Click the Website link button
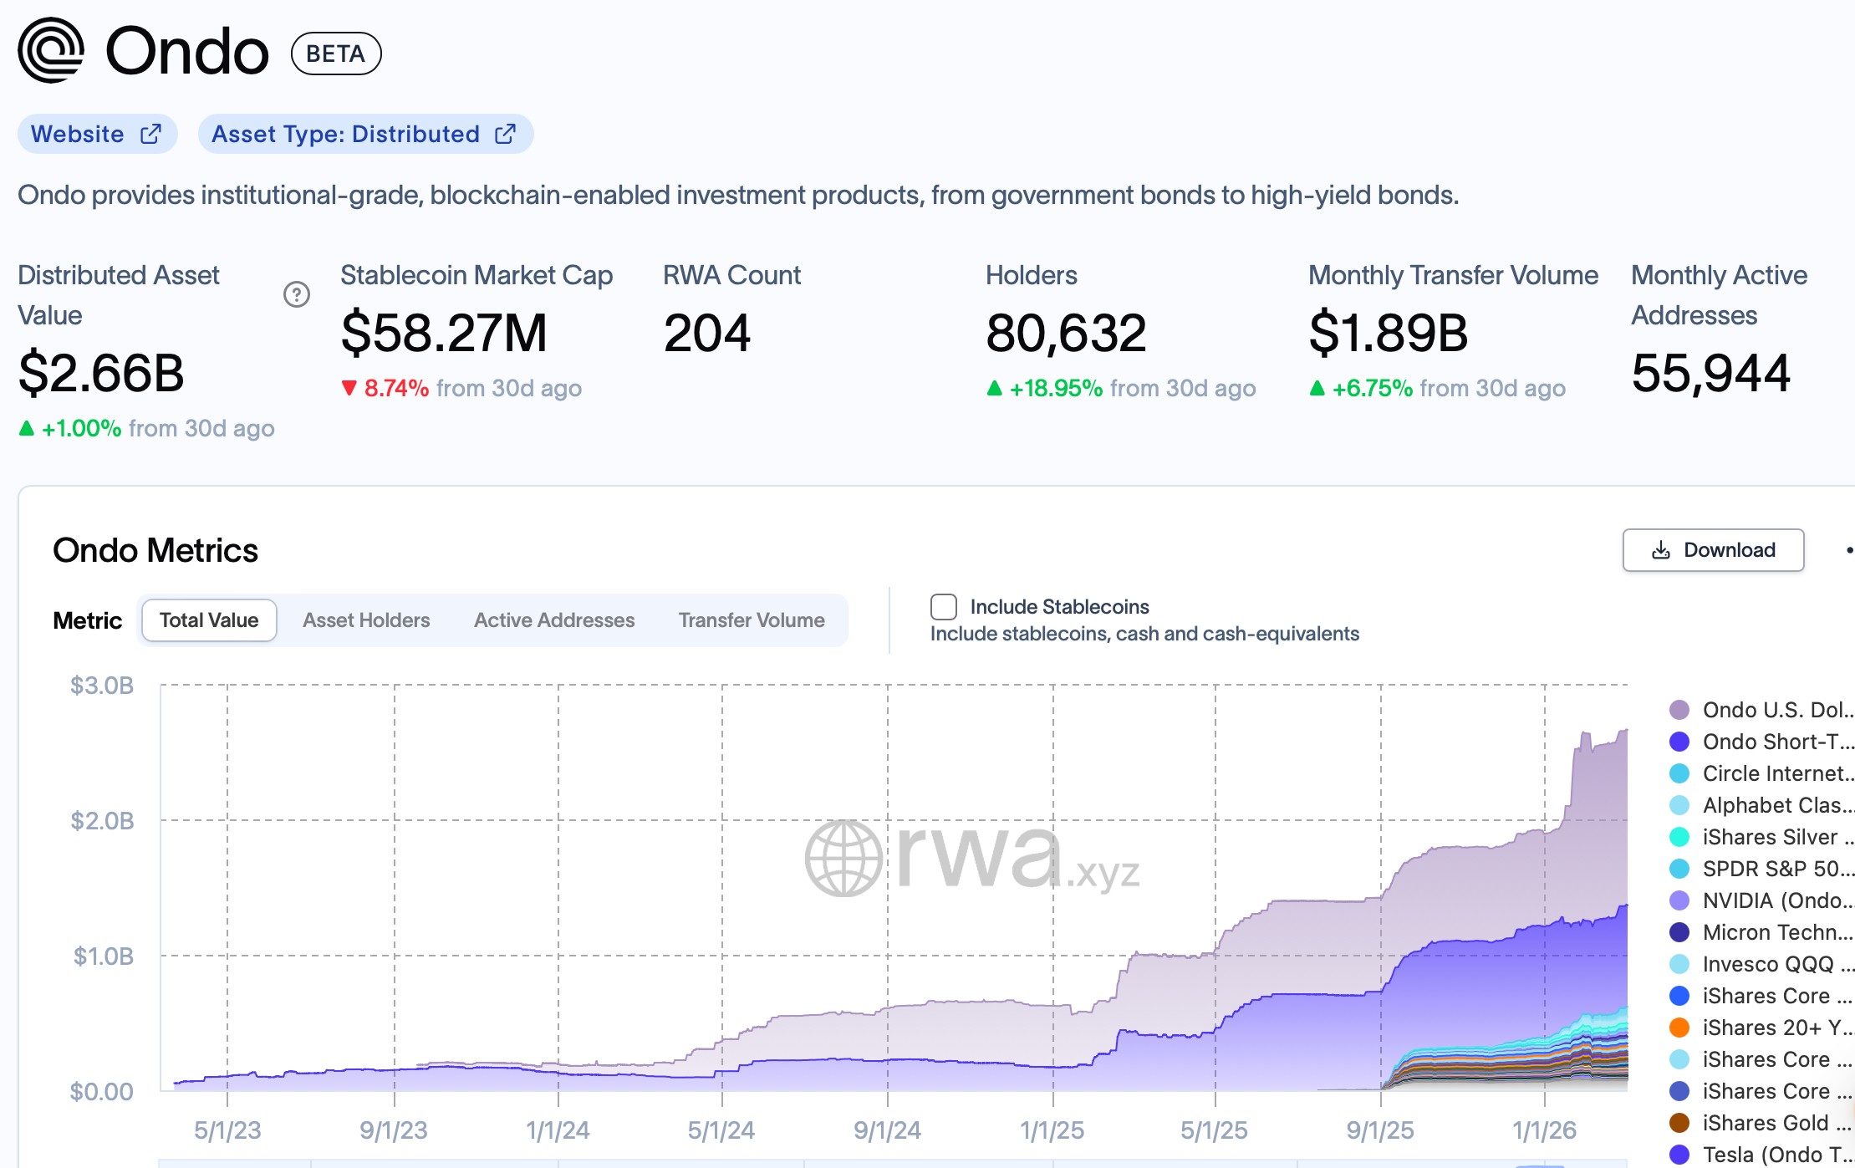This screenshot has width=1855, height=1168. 96,134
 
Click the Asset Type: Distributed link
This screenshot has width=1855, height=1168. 364,134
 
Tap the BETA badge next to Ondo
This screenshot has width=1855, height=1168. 335,54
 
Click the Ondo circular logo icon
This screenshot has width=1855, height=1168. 52,50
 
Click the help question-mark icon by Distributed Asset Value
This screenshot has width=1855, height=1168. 297,294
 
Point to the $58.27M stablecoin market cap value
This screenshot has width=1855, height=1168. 443,333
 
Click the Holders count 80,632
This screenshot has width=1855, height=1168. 1066,333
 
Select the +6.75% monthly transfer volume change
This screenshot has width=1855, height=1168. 1372,388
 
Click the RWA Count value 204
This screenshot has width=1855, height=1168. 706,333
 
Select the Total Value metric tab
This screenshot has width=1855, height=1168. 209,620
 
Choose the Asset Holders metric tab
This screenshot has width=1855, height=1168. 366,620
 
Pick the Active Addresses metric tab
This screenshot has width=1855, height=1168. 554,620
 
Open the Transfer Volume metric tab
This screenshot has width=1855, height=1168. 752,620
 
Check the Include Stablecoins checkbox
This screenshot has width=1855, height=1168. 944,607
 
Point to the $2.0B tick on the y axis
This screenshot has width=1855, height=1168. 102,821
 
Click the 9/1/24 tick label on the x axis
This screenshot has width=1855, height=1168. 887,1130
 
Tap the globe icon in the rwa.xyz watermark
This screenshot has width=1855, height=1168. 843,858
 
